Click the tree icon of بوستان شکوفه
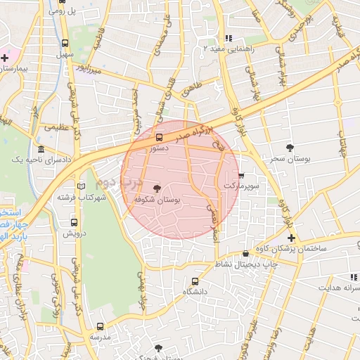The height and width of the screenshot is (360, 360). coord(157,188)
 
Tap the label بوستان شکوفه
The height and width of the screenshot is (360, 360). coord(157,200)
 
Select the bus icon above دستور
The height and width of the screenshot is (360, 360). coord(159,138)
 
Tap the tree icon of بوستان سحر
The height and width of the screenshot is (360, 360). coord(290,146)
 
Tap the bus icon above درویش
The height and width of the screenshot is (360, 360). coord(74,221)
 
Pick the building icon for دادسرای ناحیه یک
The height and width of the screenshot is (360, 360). coord(41,150)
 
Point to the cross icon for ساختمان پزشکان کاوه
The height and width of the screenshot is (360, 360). coord(292,238)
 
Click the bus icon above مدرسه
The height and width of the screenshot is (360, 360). coord(100,326)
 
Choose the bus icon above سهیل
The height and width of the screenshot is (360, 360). coord(65,42)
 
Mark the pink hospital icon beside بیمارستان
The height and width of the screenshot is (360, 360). coord(4,57)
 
